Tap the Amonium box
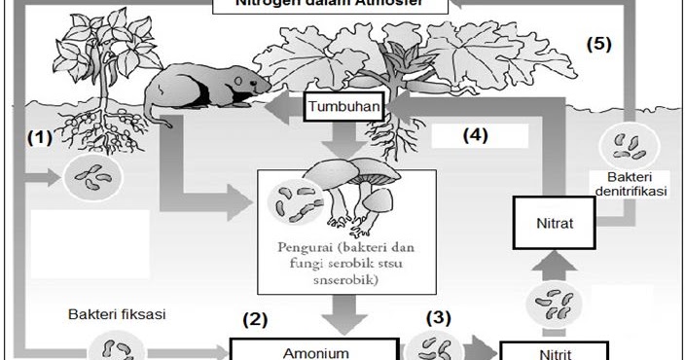(314, 351)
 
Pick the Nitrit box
(554, 352)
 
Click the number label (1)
(38, 137)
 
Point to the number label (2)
(254, 318)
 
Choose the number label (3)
(440, 316)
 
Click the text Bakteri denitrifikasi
(628, 185)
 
